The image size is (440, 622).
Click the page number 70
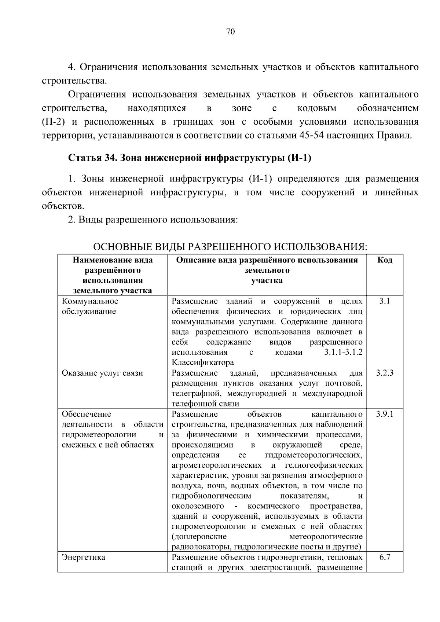(x=230, y=32)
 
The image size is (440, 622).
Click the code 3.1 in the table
(x=385, y=301)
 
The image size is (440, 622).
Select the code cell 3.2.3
(x=385, y=373)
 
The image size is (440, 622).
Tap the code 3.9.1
(x=385, y=414)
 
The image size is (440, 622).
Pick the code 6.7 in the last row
(x=385, y=557)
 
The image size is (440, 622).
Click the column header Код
(x=385, y=260)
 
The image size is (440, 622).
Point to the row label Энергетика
(x=84, y=557)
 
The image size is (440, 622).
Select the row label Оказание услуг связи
(x=102, y=373)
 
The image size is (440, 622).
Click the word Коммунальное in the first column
(x=90, y=301)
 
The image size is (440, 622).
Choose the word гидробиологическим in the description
(x=212, y=496)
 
